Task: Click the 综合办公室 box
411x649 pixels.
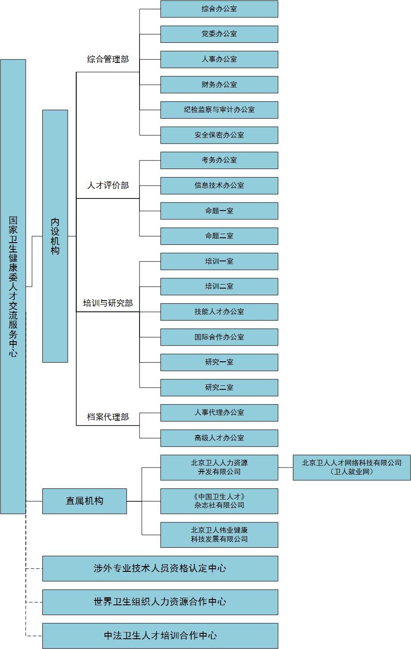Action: point(219,9)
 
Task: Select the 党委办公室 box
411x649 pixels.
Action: point(219,34)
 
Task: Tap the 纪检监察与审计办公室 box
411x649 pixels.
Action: point(219,110)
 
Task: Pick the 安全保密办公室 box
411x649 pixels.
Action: point(219,135)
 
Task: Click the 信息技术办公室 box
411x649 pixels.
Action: point(219,186)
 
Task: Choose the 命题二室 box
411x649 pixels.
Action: point(219,236)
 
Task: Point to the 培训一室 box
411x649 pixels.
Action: point(219,261)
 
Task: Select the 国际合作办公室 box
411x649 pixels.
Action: point(219,337)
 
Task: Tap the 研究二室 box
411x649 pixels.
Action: point(219,388)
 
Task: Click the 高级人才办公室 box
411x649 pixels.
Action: point(219,438)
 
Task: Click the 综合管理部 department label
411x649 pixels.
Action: point(108,59)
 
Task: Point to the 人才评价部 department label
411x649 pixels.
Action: point(108,186)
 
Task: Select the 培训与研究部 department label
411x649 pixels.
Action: point(108,303)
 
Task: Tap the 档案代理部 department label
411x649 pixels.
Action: point(108,417)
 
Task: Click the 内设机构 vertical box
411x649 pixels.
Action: point(55,236)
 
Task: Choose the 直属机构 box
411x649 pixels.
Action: point(85,501)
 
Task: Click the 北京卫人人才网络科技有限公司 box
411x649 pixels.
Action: point(351,467)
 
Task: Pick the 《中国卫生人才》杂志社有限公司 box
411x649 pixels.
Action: point(219,501)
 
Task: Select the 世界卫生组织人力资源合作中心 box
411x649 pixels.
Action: point(160,602)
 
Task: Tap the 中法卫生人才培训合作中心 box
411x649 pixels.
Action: point(160,636)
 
